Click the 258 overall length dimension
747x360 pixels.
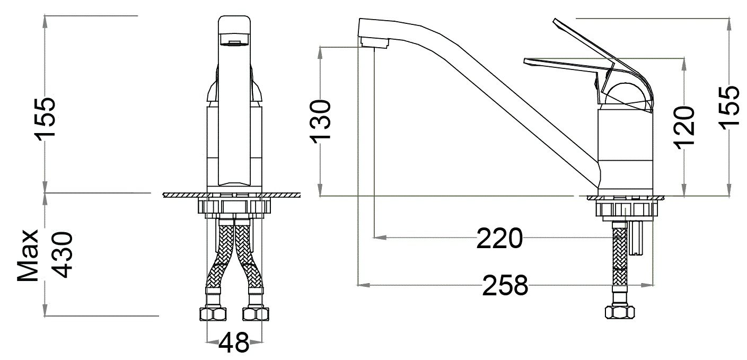tap(505, 286)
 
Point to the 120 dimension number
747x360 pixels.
tap(683, 129)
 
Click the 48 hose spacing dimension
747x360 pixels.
tap(234, 343)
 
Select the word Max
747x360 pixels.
tap(28, 255)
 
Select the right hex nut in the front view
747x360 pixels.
tap(256, 314)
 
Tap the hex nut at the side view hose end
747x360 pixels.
tap(619, 312)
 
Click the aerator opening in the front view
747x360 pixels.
tap(233, 42)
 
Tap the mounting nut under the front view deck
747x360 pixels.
tap(233, 207)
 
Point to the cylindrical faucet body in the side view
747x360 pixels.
tap(625, 148)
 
